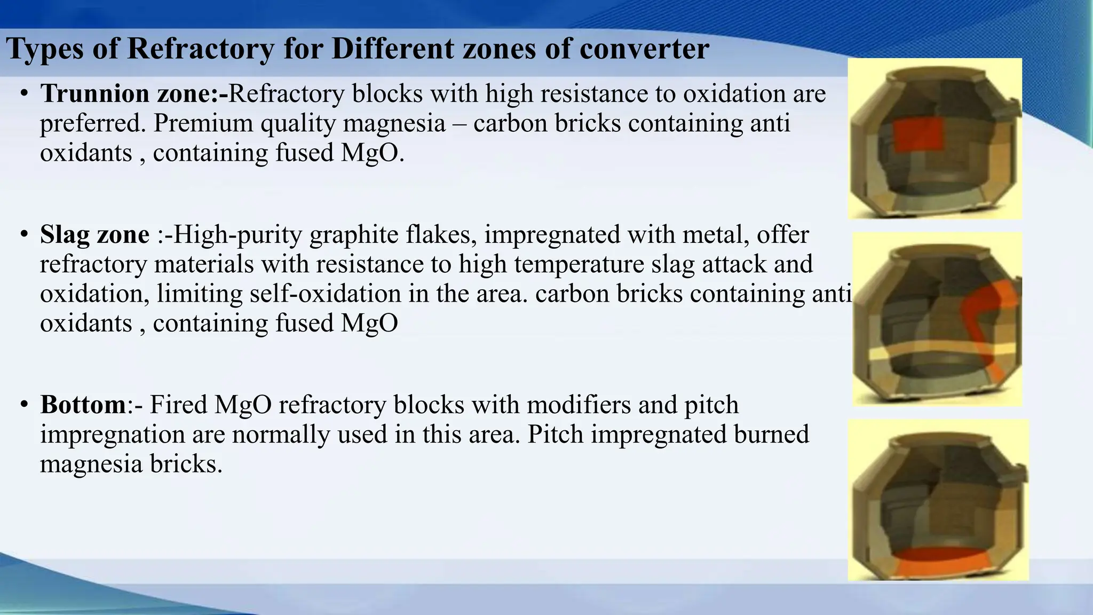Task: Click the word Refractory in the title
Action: click(200, 49)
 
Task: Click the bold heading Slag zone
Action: click(94, 235)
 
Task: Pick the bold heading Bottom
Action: click(83, 405)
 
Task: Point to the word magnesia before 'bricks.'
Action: click(91, 464)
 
